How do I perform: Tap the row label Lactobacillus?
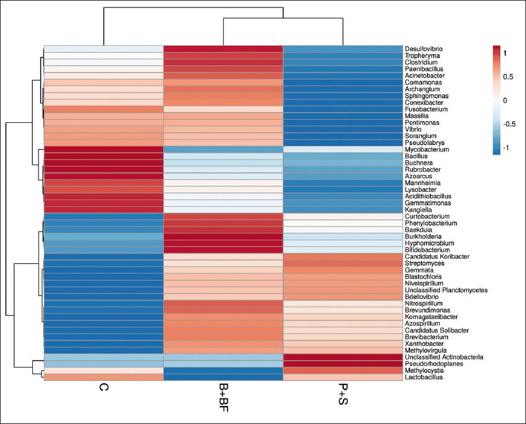tap(424, 377)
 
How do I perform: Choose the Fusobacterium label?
tap(424, 109)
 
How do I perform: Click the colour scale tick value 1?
tap(505, 54)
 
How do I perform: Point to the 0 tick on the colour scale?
tap(505, 100)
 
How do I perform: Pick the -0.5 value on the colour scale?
tap(510, 124)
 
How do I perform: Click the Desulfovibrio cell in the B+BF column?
tap(223, 49)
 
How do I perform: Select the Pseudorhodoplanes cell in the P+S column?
tap(342, 364)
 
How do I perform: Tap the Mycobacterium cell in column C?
tap(103, 150)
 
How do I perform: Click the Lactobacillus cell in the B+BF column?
tap(223, 377)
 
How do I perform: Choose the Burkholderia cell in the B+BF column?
tap(223, 237)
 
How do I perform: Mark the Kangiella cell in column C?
tap(103, 210)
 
